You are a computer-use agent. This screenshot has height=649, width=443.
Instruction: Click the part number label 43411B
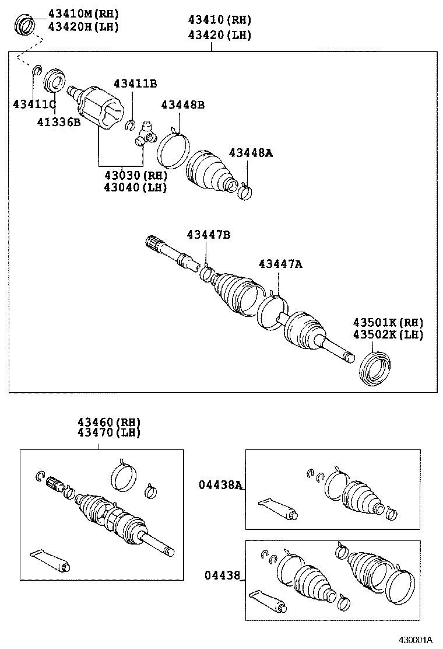tap(135, 84)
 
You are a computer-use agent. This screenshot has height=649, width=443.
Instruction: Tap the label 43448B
tap(183, 105)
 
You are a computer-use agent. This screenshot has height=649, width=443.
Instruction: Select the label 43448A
tap(251, 153)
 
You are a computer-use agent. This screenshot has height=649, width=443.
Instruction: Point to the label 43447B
tap(208, 235)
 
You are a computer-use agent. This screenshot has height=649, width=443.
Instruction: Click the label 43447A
tap(280, 264)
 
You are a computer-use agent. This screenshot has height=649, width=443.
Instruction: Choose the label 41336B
tap(59, 122)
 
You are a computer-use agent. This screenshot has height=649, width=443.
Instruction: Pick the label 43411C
tap(34, 104)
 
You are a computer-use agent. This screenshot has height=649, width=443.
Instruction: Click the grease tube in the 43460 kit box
tap(51, 560)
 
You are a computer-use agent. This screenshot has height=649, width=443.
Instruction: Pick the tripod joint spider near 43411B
tap(145, 135)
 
